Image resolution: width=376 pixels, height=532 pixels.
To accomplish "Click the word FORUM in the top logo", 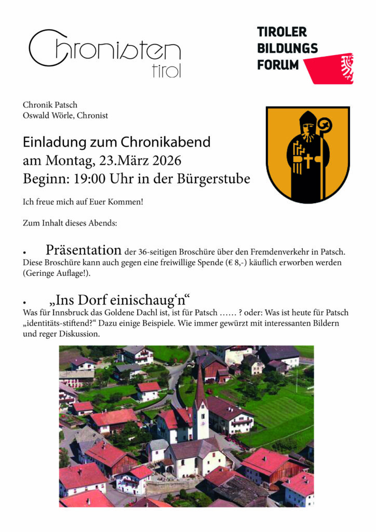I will pos(278,65).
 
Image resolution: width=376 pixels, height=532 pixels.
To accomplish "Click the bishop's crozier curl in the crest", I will pos(325,125).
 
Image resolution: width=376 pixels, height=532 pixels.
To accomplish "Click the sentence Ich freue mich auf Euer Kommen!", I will pos(83,201).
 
